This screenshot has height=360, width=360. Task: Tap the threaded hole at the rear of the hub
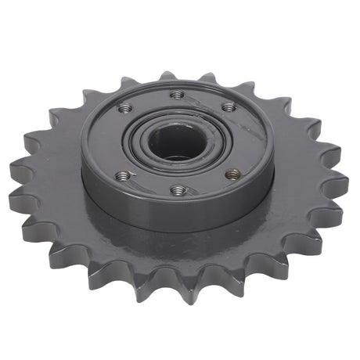[178, 94]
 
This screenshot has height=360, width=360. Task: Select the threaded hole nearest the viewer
[178, 189]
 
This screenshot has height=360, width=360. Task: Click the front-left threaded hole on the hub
[123, 176]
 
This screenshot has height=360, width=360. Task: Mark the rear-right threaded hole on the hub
[228, 106]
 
